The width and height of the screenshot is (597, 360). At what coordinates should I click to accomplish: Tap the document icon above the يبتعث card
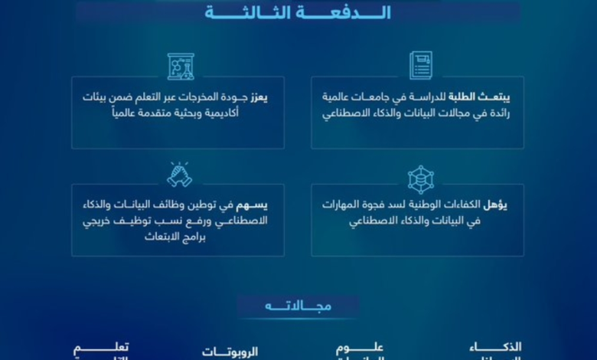pos(420,65)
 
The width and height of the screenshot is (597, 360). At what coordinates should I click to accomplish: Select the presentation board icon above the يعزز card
pos(181,66)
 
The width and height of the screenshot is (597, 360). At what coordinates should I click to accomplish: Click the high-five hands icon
pos(179,174)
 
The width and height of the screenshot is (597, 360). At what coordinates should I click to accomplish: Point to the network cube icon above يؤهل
pos(420,179)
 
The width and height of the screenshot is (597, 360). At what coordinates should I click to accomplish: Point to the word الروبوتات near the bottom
pos(230,352)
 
